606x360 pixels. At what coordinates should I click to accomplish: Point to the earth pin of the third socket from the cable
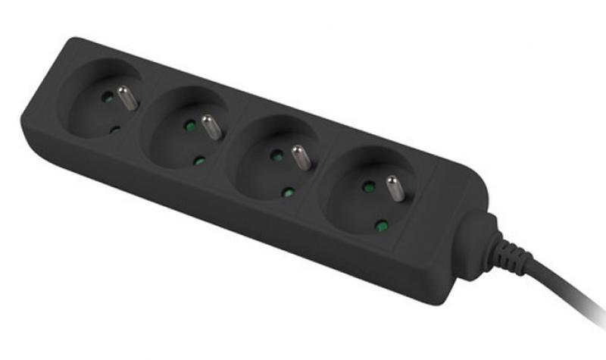click(x=212, y=127)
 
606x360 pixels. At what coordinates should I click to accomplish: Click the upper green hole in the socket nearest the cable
click(x=368, y=186)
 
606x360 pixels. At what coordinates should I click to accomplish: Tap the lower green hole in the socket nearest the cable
click(x=383, y=225)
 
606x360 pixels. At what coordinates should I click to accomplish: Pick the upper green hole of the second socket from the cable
click(x=277, y=155)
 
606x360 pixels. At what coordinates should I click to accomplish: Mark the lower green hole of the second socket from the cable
click(x=287, y=193)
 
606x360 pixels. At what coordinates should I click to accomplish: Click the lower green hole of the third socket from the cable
click(x=199, y=160)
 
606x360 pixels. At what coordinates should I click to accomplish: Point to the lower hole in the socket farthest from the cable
click(x=114, y=130)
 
